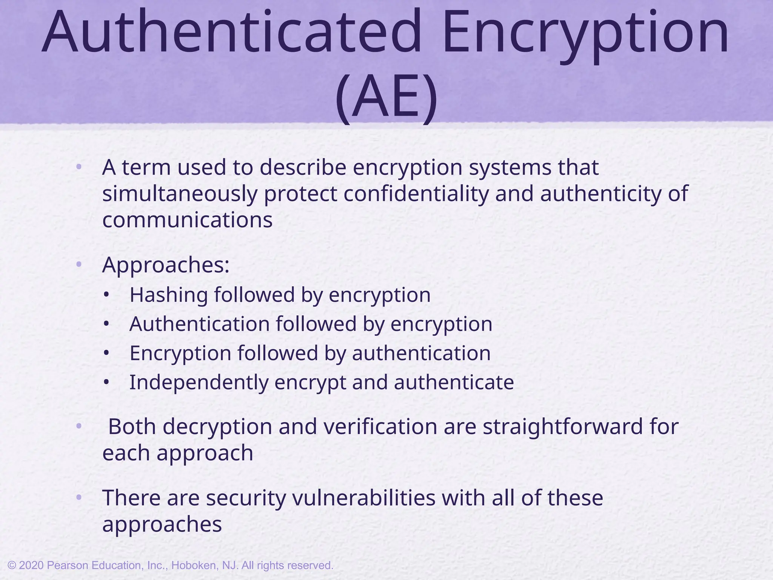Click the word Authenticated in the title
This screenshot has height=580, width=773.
(231, 32)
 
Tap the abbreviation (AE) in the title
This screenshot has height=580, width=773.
(386, 97)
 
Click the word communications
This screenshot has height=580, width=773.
(187, 220)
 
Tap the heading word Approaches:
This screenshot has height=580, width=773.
(166, 265)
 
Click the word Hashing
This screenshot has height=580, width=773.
(168, 295)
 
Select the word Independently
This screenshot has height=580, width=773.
(199, 382)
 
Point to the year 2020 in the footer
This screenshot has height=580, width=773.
(32, 565)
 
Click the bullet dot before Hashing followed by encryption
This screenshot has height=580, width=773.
(107, 295)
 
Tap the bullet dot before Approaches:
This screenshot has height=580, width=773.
(79, 265)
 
